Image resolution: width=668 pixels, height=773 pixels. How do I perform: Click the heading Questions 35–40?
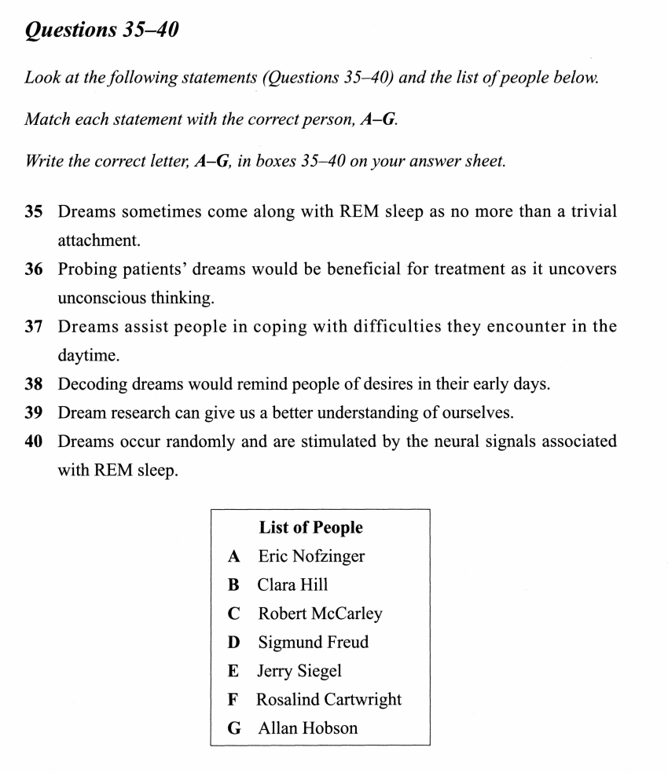click(x=102, y=31)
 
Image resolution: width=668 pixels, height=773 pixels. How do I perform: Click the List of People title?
click(x=310, y=527)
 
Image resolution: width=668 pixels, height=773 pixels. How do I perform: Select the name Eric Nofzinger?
click(x=311, y=556)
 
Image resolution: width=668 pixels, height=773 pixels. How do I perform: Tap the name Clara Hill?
click(x=292, y=584)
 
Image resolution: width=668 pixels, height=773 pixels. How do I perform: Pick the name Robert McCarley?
click(x=320, y=614)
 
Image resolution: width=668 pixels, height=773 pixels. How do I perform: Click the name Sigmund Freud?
click(x=313, y=642)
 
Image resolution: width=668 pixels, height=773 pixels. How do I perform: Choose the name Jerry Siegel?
click(x=299, y=671)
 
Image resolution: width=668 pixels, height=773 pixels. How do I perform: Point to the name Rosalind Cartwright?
click(x=329, y=699)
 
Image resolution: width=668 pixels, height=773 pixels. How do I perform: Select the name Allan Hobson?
click(x=307, y=728)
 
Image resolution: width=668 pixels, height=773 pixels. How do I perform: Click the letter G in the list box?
click(x=234, y=728)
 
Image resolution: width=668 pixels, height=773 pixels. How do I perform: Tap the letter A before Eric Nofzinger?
click(x=233, y=556)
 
